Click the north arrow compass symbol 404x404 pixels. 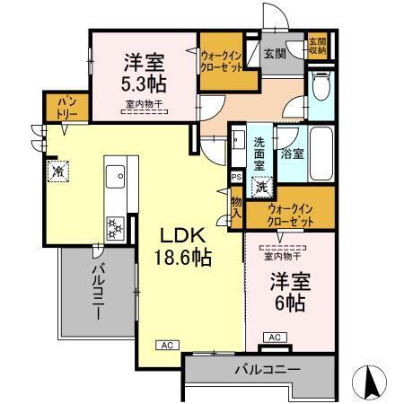(x=373, y=381)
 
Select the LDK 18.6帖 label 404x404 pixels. (x=185, y=244)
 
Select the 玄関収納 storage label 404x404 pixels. (x=319, y=47)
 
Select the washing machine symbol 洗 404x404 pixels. (x=260, y=189)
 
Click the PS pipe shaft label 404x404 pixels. (x=235, y=178)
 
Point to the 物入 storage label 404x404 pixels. (x=237, y=208)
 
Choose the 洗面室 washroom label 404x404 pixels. (x=259, y=154)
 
